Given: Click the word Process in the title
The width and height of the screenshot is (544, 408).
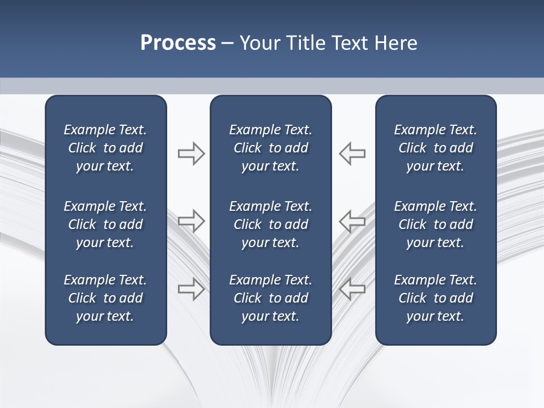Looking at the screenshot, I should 178,43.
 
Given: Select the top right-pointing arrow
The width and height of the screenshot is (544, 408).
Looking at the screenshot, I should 191,154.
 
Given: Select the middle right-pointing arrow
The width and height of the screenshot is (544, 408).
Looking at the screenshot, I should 191,220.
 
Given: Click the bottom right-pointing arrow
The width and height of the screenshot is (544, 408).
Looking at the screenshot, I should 191,288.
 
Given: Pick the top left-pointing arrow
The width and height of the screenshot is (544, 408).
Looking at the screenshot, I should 352,154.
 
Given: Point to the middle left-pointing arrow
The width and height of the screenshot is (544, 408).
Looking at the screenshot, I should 352,220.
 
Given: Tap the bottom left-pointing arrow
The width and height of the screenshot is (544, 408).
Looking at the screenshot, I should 352,288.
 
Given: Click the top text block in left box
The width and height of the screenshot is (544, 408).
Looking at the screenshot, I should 105,148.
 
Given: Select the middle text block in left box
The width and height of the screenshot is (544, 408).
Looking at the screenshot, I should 105,224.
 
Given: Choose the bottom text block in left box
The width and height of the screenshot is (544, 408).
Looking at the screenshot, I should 105,298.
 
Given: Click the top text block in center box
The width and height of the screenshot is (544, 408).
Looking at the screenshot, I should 270,148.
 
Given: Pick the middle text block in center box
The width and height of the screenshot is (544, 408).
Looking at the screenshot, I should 270,224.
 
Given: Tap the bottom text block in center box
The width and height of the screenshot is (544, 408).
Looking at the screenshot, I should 270,298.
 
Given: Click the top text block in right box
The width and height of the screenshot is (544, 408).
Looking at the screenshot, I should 435,148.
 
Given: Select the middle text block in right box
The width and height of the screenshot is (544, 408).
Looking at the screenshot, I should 435,224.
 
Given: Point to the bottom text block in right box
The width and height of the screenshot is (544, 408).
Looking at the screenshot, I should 435,298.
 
